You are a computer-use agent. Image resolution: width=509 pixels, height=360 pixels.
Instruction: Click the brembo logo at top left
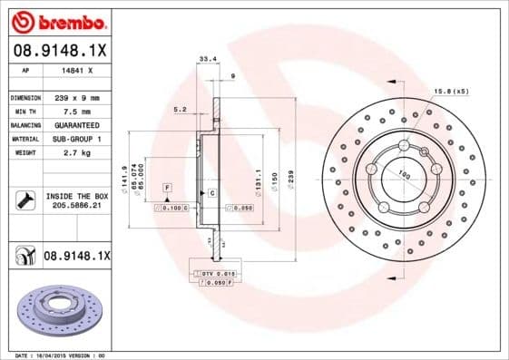point(57,21)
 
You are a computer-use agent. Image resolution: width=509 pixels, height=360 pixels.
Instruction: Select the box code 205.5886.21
point(75,206)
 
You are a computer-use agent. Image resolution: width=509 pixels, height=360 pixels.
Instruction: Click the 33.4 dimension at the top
point(206,59)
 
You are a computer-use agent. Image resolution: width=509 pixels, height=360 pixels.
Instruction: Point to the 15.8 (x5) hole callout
point(451,92)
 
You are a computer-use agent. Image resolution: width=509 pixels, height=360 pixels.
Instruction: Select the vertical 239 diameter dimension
point(290,178)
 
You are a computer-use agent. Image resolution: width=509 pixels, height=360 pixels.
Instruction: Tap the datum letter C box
point(211,194)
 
